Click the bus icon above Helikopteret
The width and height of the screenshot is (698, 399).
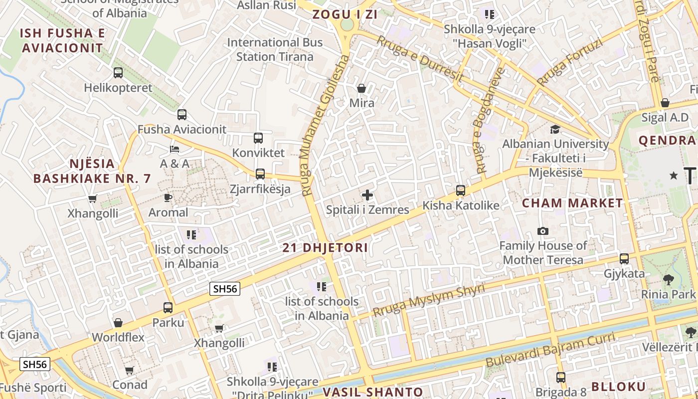tap(118, 73)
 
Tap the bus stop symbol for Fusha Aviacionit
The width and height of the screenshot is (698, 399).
tap(182, 115)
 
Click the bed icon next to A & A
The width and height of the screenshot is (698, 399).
tap(174, 149)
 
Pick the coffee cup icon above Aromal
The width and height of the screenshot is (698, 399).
tap(168, 198)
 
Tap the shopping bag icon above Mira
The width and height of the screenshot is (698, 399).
tap(361, 88)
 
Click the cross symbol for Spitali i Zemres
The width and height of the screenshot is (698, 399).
tap(367, 195)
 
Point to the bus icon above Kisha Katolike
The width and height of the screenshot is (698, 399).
tap(461, 191)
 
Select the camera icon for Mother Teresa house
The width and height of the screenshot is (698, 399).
tap(543, 231)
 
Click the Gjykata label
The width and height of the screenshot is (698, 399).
tap(624, 273)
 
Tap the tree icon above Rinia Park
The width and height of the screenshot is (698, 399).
tap(668, 279)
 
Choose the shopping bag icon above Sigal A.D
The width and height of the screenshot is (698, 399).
tap(665, 103)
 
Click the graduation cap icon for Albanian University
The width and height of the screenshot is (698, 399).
tap(555, 130)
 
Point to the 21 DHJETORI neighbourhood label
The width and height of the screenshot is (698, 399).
tap(325, 247)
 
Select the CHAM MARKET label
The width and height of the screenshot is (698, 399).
tap(572, 203)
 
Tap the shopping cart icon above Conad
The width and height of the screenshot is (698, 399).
tap(130, 371)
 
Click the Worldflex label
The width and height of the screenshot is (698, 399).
tap(118, 337)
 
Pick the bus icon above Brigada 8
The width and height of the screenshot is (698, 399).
tap(561, 378)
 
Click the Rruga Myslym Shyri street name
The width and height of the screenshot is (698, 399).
tap(428, 301)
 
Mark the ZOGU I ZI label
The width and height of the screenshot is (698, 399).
tap(345, 14)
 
